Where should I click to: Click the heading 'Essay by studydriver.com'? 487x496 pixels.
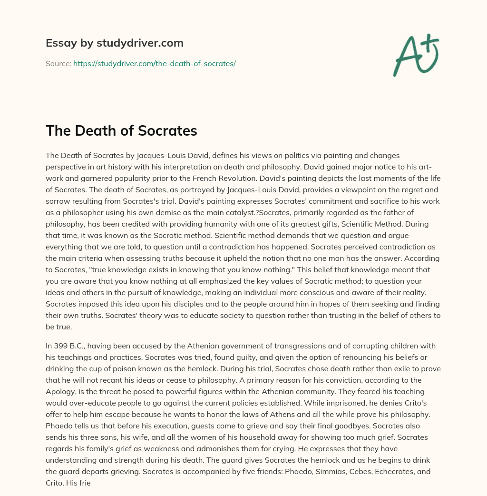coord(114,43)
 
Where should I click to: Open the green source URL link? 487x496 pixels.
coord(155,63)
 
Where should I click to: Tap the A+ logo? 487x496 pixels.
coord(416,55)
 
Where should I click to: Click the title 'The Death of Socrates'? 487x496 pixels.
coord(121,131)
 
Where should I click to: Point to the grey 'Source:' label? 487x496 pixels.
coord(58,63)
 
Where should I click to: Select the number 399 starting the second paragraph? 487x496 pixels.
coord(61,346)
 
